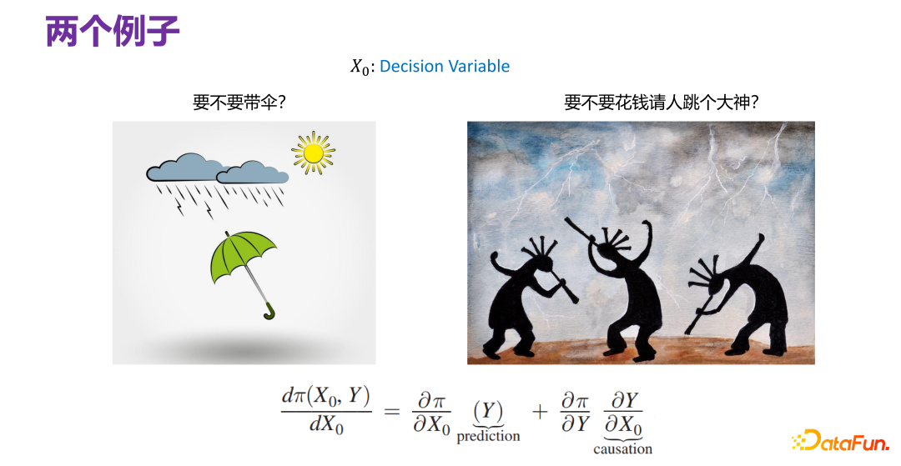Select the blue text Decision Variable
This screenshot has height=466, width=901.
point(444,67)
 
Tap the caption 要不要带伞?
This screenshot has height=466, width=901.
point(240,103)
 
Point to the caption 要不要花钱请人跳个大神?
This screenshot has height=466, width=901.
point(667,103)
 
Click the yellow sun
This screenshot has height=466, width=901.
point(313,153)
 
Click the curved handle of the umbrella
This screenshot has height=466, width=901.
point(269,313)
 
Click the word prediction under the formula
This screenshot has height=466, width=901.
point(488,436)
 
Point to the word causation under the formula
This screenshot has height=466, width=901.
point(622,449)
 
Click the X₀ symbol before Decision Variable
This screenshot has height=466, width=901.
point(360,68)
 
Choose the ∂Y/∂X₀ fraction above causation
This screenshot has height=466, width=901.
point(622,413)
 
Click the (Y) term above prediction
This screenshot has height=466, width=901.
point(487,412)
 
